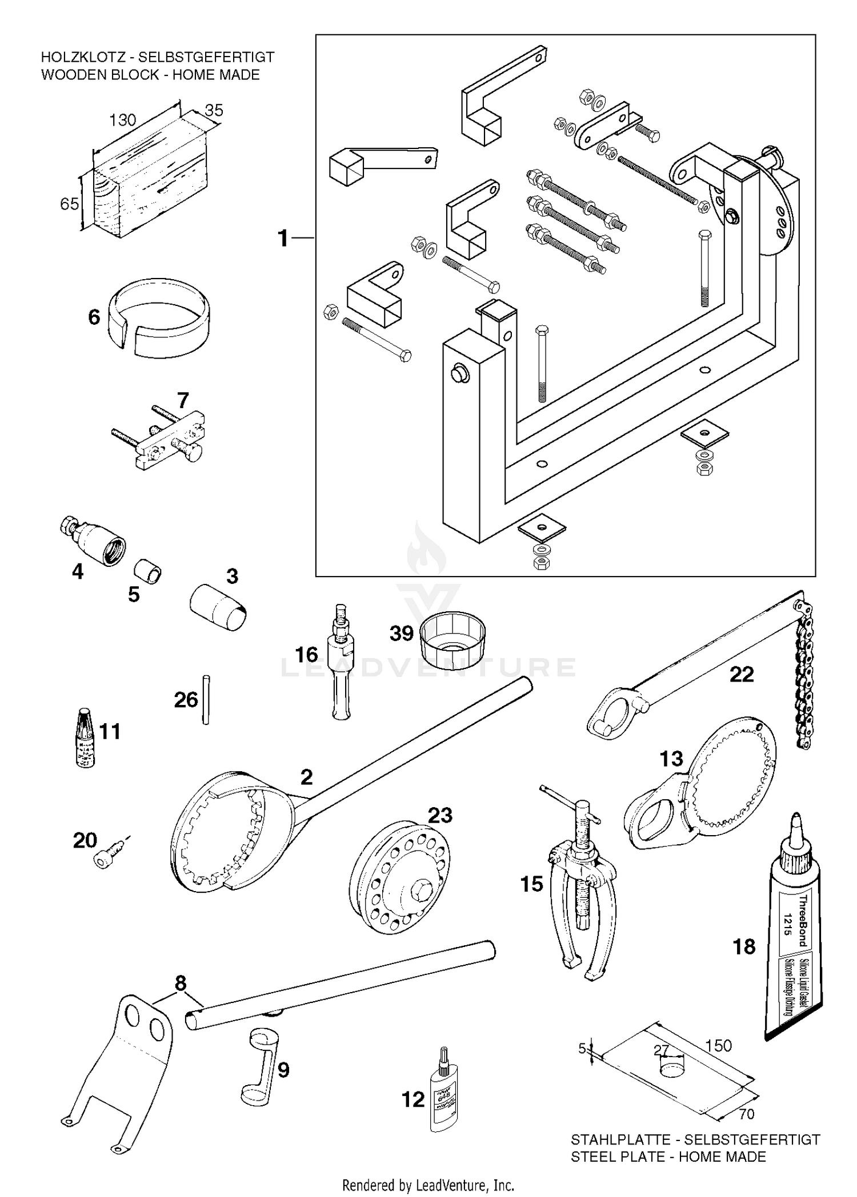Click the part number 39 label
click(x=401, y=633)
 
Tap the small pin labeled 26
click(x=206, y=700)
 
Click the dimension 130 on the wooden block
click(x=122, y=120)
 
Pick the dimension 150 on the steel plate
click(x=718, y=1045)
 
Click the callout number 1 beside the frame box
click(x=283, y=238)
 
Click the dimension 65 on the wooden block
click(x=69, y=203)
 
